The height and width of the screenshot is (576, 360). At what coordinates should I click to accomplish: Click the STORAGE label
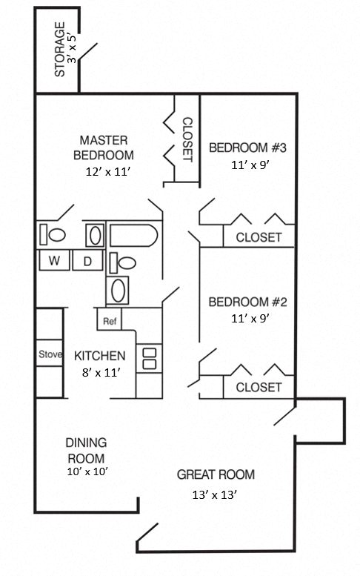[x=60, y=50]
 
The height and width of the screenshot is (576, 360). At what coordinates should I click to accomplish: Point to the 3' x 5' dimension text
[x=72, y=50]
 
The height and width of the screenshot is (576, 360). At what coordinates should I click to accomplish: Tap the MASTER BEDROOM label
[x=103, y=148]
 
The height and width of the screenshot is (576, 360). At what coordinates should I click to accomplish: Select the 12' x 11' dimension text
[x=108, y=171]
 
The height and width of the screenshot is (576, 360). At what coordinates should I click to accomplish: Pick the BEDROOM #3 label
[x=247, y=148]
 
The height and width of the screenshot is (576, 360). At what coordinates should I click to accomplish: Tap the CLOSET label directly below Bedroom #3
[x=259, y=237]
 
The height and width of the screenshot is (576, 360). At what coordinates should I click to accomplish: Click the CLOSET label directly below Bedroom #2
[x=259, y=387]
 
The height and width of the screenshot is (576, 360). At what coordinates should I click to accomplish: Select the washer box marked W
[x=54, y=261]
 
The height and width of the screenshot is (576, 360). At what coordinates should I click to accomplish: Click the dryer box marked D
[x=87, y=261]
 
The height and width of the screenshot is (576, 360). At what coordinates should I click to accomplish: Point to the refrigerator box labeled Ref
[x=110, y=321]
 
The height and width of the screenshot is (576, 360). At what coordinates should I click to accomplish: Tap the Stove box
[x=50, y=354]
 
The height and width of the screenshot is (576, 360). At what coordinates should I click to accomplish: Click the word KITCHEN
[x=100, y=356]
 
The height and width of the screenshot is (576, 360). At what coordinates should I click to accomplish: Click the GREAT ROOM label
[x=216, y=474]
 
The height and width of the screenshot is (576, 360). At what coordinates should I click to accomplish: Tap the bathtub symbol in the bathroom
[x=133, y=236]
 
